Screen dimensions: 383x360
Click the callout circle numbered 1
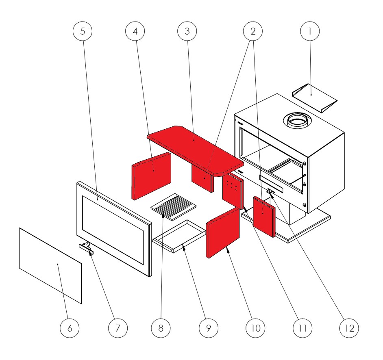point(310,31)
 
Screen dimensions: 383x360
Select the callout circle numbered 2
point(253,31)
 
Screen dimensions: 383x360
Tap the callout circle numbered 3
point(187,31)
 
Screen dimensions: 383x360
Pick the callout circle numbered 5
point(83,31)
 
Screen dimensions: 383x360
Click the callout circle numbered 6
point(70,328)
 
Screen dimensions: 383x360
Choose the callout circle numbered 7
point(118,328)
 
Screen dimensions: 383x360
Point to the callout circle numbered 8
point(161,328)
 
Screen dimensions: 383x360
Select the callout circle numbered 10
point(255,328)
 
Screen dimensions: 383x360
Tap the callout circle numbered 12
point(349,328)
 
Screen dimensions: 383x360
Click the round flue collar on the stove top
point(297,120)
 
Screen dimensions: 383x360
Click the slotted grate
point(174,207)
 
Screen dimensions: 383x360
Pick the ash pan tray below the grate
point(179,236)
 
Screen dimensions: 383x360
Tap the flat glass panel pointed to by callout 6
point(50,266)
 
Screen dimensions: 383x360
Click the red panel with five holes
point(233,191)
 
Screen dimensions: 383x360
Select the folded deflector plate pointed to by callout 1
point(315,98)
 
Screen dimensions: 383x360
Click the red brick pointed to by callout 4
point(151,176)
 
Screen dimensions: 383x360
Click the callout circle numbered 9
point(208,328)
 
